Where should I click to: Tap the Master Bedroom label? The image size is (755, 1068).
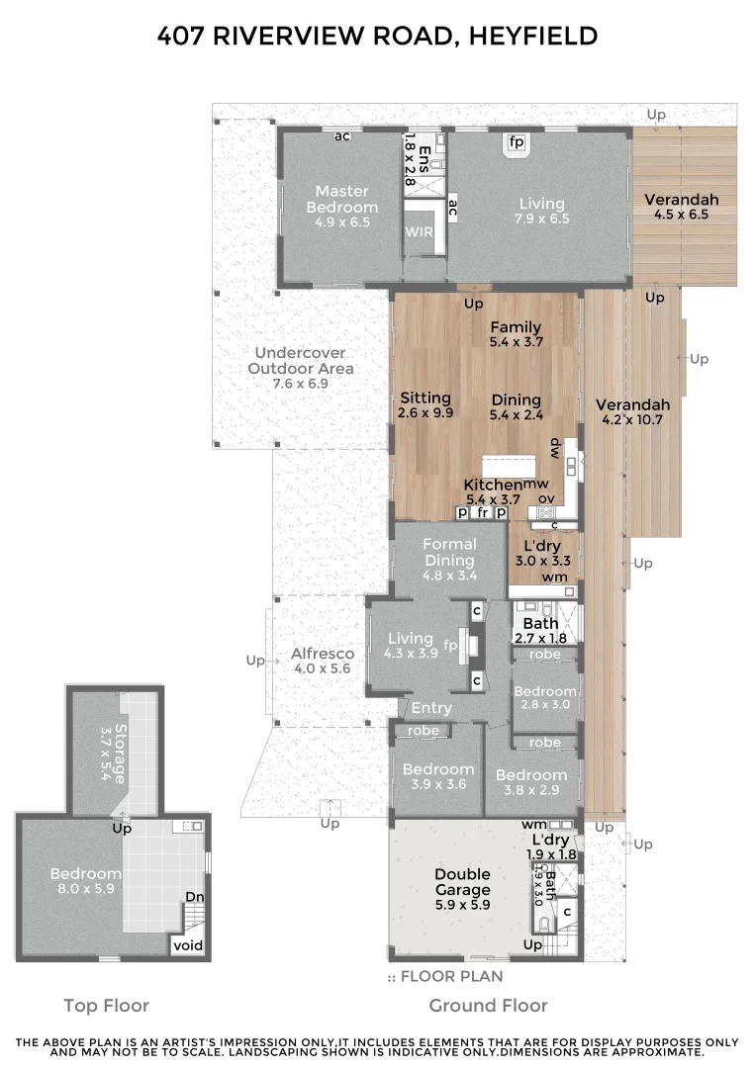[341, 199]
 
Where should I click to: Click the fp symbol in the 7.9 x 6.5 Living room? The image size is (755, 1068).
[516, 142]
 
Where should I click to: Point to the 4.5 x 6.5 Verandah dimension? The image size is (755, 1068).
[681, 217]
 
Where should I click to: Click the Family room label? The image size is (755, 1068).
[516, 327]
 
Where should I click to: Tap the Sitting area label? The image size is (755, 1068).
[425, 398]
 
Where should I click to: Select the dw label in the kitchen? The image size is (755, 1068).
[556, 446]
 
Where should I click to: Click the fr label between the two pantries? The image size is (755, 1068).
[482, 513]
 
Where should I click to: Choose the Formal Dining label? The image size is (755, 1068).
[449, 552]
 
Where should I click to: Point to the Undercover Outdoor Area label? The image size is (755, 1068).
[300, 360]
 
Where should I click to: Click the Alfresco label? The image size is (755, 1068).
[323, 654]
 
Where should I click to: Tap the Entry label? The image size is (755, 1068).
[431, 708]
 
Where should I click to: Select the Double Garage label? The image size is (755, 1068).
[463, 881]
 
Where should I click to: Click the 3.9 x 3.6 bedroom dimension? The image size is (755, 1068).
[437, 786]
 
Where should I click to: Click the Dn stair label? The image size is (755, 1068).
[195, 898]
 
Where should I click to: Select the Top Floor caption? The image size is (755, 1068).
[106, 1006]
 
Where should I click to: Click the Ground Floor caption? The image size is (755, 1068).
[488, 1006]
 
